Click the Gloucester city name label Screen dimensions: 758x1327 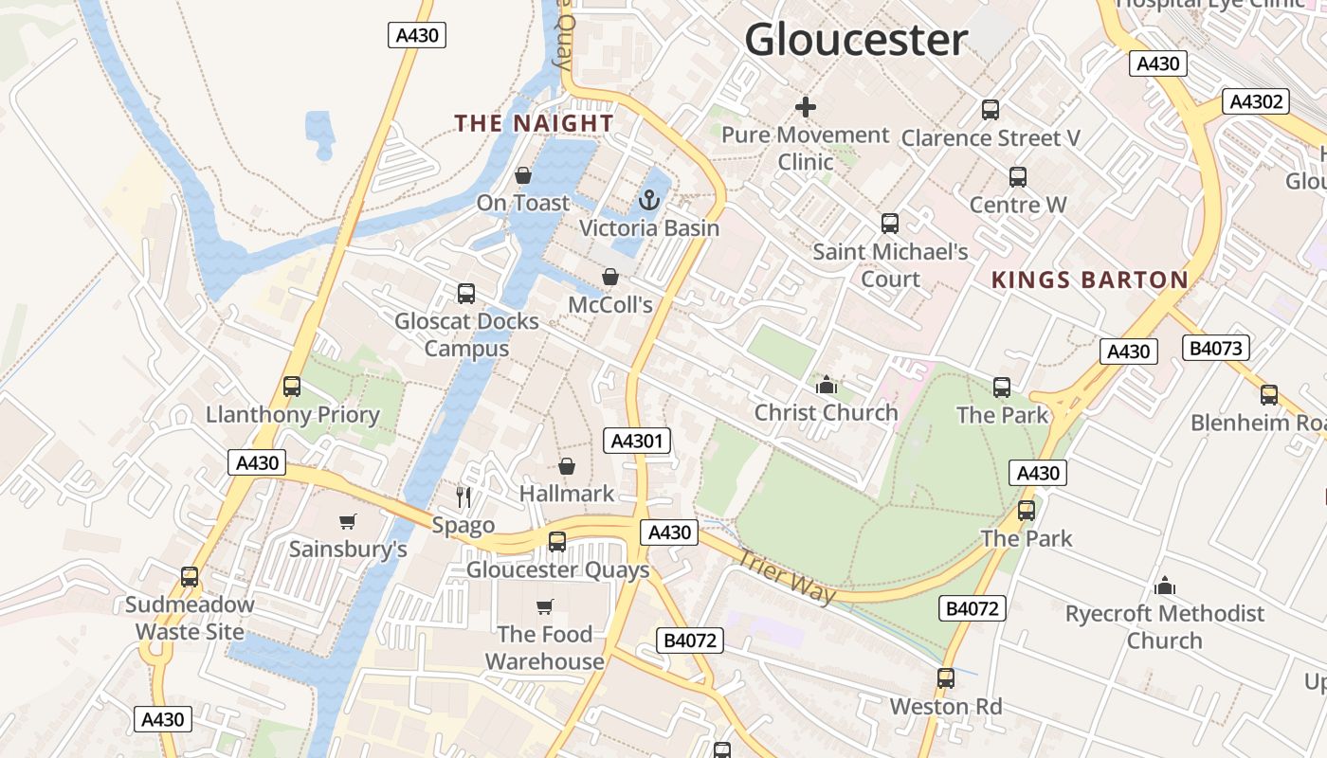[856, 41]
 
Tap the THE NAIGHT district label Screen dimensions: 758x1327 [534, 123]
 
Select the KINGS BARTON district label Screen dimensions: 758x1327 [1089, 280]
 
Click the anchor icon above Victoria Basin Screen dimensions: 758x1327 [649, 200]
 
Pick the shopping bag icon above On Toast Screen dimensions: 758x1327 [522, 175]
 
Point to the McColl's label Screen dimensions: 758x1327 [610, 304]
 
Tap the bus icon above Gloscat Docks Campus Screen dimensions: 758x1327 [466, 294]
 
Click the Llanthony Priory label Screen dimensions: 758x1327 [293, 414]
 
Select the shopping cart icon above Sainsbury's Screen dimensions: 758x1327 [348, 521]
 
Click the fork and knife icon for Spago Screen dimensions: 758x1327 [464, 496]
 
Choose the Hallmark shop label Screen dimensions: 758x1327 [567, 493]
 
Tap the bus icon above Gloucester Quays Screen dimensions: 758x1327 [557, 542]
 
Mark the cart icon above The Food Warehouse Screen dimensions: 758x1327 [545, 606]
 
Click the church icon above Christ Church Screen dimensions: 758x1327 [827, 385]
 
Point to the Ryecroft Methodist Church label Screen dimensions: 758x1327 [1165, 626]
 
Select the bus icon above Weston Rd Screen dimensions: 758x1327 [945, 678]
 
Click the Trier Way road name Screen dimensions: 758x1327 [786, 576]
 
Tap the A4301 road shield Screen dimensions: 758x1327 [637, 441]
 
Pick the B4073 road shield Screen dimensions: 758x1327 [1216, 348]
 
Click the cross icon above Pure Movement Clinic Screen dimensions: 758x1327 [806, 107]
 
